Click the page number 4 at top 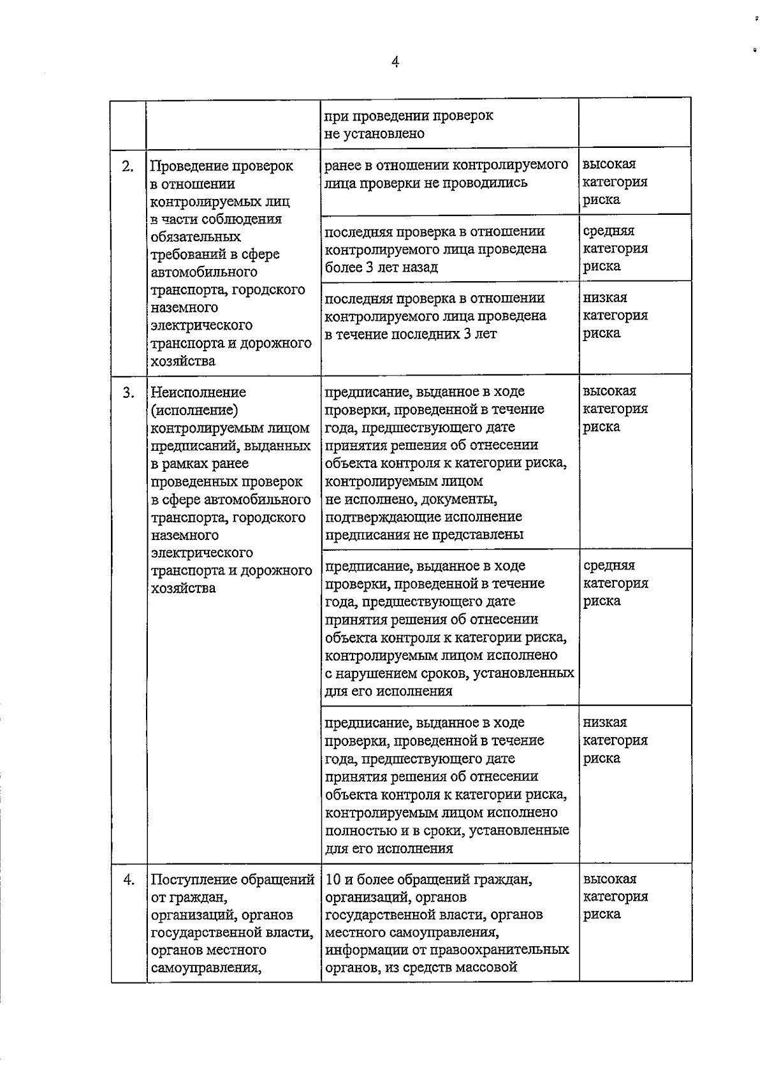395,62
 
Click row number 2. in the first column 128,166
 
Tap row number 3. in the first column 128,392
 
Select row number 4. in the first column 128,879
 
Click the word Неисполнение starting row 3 198,392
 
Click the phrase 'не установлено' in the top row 374,134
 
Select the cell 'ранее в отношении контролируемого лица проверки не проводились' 446,174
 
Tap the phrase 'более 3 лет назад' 381,267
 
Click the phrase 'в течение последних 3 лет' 411,334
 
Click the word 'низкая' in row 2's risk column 605,298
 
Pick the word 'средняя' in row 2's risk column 609,231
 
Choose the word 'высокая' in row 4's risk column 609,879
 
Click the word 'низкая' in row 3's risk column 605,722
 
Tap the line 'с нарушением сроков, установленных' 449,673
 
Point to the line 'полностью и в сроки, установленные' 447,831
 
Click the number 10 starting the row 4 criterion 333,880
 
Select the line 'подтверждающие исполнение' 423,516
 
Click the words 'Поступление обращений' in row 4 233,880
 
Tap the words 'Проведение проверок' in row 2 221,166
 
